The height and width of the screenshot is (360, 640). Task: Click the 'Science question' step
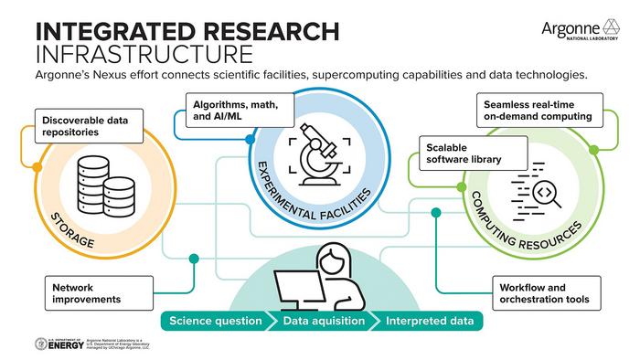pos(213,322)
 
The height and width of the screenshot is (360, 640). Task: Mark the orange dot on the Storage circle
pos(37,167)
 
